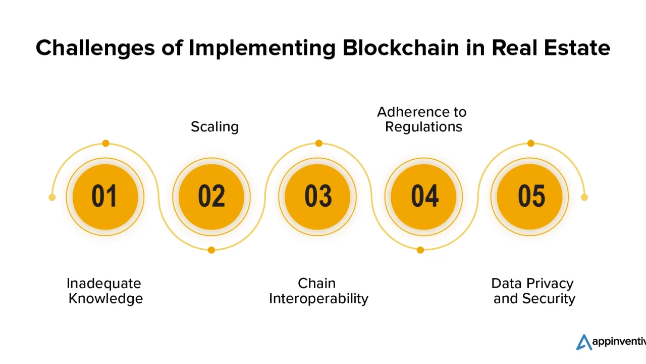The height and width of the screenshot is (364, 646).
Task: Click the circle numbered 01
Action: pyautogui.click(x=105, y=197)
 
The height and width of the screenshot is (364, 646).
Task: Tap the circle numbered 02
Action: pyautogui.click(x=211, y=197)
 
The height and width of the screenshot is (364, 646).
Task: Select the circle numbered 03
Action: pyautogui.click(x=317, y=197)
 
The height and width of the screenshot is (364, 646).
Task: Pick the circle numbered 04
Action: pyautogui.click(x=423, y=197)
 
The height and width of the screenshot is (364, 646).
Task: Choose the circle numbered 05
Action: pyautogui.click(x=530, y=197)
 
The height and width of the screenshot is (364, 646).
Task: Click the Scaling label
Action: pyautogui.click(x=215, y=127)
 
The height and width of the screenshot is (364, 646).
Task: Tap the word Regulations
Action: pyautogui.click(x=423, y=127)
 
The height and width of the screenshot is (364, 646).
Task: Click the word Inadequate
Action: pyautogui.click(x=104, y=284)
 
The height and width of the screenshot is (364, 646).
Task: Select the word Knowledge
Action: pyautogui.click(x=105, y=299)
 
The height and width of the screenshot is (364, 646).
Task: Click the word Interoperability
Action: pyautogui.click(x=318, y=299)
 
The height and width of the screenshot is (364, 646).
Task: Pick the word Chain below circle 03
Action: pyautogui.click(x=316, y=284)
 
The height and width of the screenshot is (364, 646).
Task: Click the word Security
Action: pyautogui.click(x=549, y=299)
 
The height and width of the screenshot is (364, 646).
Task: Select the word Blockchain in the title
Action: pyautogui.click(x=401, y=48)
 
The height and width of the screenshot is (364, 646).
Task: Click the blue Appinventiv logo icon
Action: pyautogui.click(x=584, y=342)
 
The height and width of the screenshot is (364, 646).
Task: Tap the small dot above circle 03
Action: pyautogui.click(x=318, y=143)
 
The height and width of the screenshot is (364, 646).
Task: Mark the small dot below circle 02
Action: pyautogui.click(x=211, y=250)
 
